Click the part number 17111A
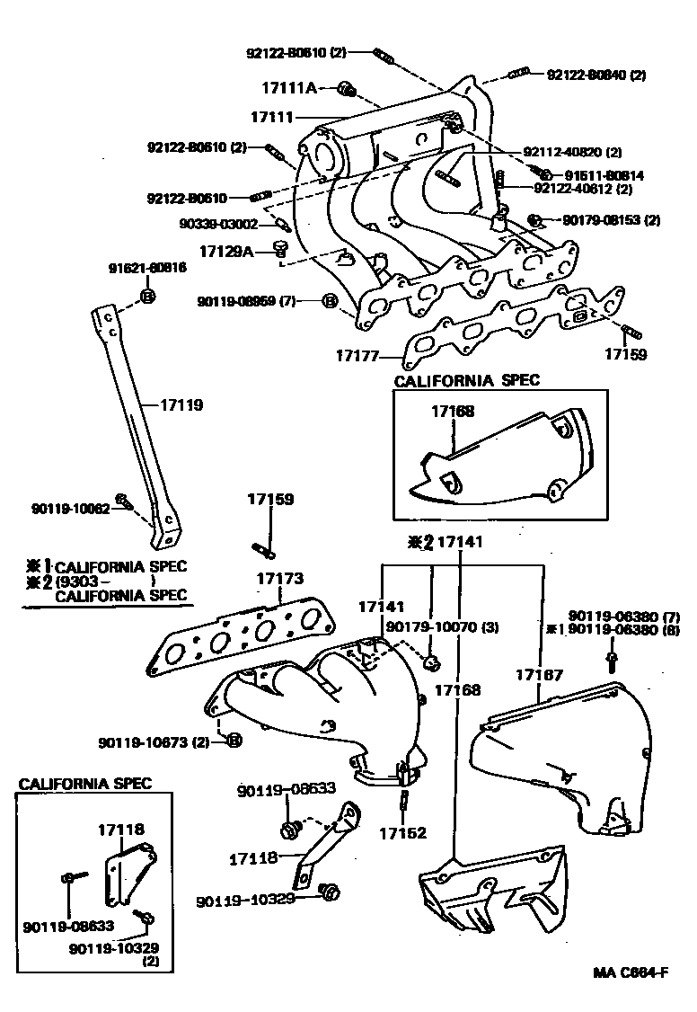coord(289,88)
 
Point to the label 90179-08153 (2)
coord(611,219)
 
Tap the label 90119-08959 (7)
coord(247,301)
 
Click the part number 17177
coord(357,357)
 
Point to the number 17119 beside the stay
coord(182,405)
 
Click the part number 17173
coord(281,579)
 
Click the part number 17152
coord(401,833)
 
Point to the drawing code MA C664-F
coord(631,972)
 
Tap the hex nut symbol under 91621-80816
coord(149,296)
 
